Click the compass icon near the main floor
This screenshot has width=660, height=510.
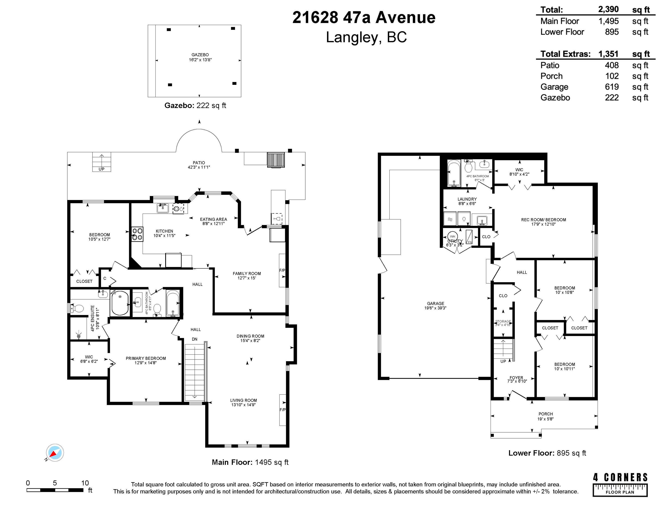(55, 453)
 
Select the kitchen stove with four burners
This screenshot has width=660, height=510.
(137, 234)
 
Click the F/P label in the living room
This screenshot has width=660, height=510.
(283, 410)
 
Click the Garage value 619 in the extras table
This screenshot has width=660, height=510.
(612, 87)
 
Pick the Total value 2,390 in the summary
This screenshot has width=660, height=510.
(608, 9)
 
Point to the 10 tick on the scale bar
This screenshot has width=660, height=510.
(85, 483)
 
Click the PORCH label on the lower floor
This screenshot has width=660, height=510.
(546, 414)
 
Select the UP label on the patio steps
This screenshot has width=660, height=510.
(102, 169)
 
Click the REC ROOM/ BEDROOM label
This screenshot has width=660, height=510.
(543, 220)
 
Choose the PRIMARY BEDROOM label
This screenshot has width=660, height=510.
(146, 358)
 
